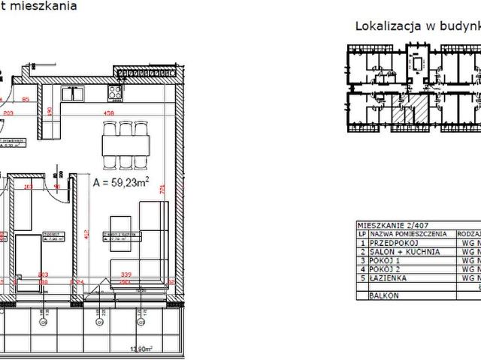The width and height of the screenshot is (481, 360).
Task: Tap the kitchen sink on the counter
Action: [x=72, y=94]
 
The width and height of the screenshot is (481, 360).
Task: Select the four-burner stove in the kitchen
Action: [x=116, y=94]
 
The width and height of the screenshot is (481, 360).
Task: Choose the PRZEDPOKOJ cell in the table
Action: [x=388, y=243]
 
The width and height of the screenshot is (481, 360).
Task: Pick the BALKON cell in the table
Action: [x=383, y=296]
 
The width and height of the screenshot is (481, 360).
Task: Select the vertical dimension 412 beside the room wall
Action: [x=86, y=235]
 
